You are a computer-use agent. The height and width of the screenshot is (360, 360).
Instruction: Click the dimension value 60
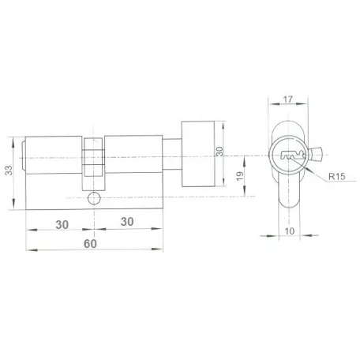90,244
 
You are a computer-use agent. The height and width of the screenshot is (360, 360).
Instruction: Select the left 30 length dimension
62,225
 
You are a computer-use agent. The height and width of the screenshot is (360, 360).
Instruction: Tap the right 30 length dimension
127,222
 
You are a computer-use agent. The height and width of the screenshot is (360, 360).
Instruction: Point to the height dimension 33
9,171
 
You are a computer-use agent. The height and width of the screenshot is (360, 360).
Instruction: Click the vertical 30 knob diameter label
219,152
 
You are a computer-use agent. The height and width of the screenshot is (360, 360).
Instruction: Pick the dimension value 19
240,176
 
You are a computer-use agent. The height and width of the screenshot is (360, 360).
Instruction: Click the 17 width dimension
287,99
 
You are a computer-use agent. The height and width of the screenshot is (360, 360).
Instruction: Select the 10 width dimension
290,231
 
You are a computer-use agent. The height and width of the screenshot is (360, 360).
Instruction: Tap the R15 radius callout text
337,176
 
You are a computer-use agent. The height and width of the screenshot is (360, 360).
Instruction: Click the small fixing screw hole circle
94,198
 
